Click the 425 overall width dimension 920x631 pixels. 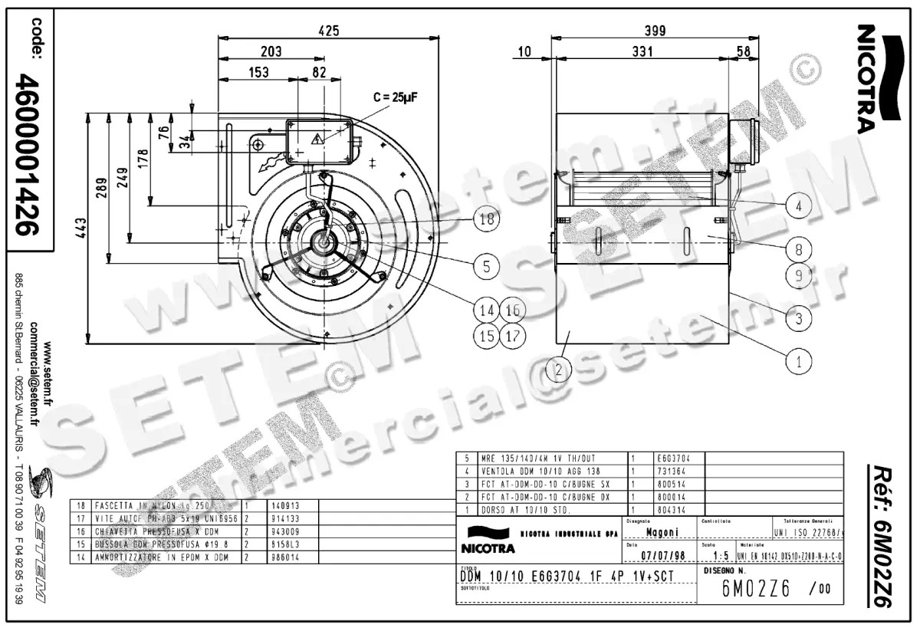(328, 31)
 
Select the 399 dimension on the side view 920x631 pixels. (653, 31)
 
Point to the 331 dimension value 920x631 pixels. (642, 51)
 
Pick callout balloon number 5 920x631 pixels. (486, 266)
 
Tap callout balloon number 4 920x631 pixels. (799, 205)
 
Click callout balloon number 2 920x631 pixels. (559, 370)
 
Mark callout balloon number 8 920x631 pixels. (799, 249)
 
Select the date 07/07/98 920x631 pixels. (662, 555)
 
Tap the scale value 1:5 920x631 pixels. (720, 555)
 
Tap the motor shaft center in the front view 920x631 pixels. (323, 245)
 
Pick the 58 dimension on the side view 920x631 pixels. (743, 51)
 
